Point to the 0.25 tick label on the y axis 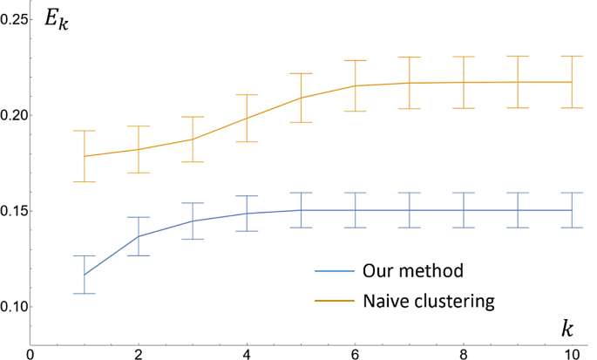tap(14, 19)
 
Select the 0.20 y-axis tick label tap(14, 115)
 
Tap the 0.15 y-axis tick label tap(14, 211)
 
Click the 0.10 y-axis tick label tap(14, 307)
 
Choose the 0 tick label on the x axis tap(31, 353)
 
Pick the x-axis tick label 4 tap(247, 353)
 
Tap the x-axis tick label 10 tap(571, 353)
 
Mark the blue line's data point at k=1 tap(85, 275)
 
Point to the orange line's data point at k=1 tap(85, 156)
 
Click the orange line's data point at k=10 tap(572, 82)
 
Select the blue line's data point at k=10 tap(572, 210)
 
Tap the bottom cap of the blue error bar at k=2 tap(139, 255)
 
